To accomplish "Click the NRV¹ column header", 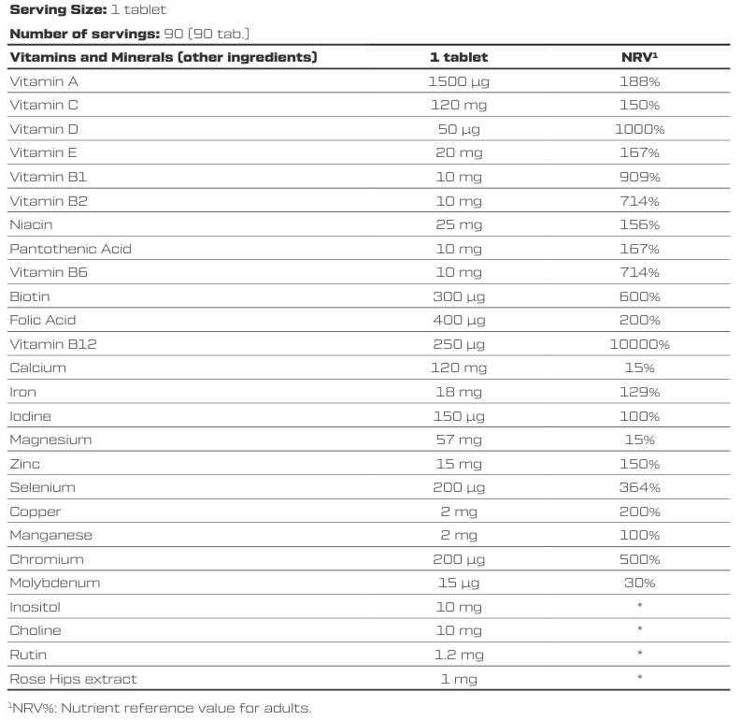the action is (639, 57).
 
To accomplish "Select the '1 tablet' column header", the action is (459, 57).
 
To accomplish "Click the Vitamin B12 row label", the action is (53, 344).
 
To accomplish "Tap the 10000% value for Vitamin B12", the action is (639, 344).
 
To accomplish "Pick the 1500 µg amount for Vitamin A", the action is (459, 82).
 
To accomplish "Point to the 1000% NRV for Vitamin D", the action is (639, 129).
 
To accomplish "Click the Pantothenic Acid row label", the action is (70, 249).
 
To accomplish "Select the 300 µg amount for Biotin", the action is (459, 296).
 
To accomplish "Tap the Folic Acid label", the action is (43, 320).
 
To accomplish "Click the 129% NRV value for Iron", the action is (639, 392).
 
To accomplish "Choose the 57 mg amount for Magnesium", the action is (459, 440).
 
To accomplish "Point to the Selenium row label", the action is (43, 487).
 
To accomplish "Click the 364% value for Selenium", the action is (639, 487).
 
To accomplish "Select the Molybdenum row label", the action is (55, 583).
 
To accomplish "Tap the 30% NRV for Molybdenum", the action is (639, 583).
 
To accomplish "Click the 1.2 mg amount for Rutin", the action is (459, 655).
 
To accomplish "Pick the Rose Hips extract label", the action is (73, 679).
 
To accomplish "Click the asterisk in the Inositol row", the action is (639, 605).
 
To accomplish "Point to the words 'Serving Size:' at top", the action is (58, 10).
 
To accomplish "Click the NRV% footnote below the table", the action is (160, 708).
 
